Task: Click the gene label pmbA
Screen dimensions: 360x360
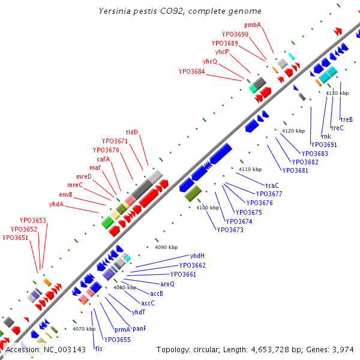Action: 253,25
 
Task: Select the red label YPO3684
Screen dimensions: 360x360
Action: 191,72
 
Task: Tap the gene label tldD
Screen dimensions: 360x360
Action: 132,132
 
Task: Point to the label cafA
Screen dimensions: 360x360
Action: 103,159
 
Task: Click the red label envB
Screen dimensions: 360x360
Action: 65,194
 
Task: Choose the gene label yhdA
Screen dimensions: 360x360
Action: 56,204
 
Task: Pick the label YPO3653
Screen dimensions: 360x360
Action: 33,221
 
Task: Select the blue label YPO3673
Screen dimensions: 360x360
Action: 230,230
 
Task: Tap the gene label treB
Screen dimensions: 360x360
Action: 346,119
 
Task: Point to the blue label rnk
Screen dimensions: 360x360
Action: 326,136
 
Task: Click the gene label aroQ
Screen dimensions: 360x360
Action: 167,284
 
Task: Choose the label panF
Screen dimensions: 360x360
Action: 140,328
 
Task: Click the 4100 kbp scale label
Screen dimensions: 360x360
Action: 208,208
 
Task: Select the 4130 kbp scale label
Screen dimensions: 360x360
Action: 337,93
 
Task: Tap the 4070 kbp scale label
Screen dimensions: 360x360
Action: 84,329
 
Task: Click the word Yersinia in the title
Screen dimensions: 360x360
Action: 115,11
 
